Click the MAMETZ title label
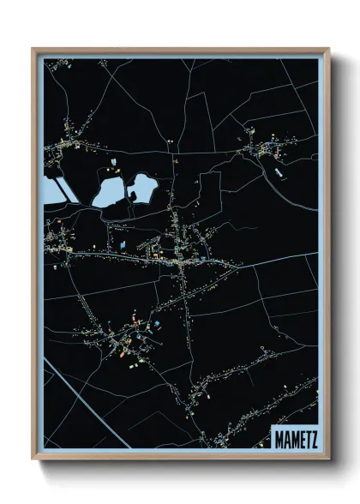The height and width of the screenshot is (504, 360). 294,438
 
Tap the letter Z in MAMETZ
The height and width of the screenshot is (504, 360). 313,438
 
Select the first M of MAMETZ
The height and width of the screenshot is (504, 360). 277,438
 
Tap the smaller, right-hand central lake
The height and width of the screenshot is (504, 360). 142,186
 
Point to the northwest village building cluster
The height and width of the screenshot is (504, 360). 64,146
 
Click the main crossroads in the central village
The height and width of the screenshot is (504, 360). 183,267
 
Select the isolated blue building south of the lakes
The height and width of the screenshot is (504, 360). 123,245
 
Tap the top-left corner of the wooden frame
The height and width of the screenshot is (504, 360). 34,50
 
